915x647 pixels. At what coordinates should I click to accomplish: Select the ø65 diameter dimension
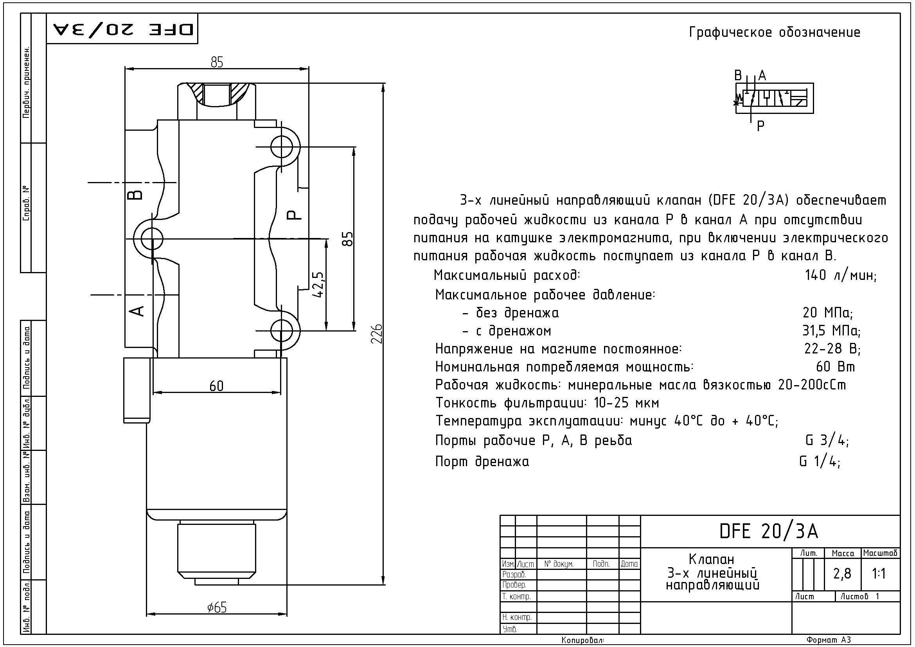[217, 607]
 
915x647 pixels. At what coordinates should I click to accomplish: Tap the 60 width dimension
[216, 386]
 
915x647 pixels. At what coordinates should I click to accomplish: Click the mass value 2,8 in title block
[842, 573]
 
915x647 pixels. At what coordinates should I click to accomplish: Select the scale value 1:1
[879, 573]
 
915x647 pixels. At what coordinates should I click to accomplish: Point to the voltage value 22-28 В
[832, 349]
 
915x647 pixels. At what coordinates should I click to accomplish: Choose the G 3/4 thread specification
[827, 440]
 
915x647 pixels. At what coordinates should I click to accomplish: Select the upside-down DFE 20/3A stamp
[123, 29]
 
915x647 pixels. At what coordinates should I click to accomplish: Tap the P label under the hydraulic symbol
[760, 126]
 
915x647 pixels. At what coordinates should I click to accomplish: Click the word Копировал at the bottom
[583, 640]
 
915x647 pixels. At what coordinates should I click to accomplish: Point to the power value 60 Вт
[836, 367]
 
